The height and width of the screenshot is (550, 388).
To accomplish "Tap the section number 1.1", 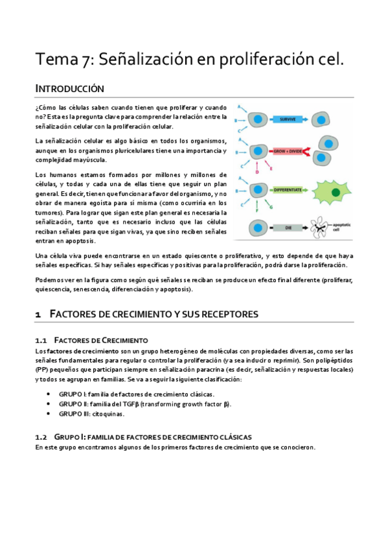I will [41, 340].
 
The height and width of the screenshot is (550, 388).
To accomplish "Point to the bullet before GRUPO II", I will [50, 404].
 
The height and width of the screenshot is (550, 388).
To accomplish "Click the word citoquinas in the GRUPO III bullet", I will [106, 414].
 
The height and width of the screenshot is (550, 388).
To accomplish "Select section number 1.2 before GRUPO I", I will [41, 437].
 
